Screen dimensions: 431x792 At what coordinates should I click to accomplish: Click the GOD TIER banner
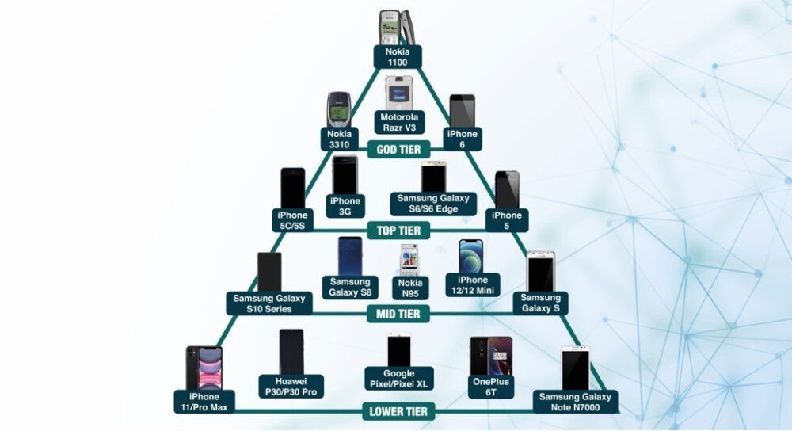398,148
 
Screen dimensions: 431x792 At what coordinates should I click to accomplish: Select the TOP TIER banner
398,230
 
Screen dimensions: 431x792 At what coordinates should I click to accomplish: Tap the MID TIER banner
398,315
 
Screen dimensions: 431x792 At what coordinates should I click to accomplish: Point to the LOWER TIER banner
398,411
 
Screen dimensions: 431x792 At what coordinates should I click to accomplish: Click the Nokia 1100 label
398,56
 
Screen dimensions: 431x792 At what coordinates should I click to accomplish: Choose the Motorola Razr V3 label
398,122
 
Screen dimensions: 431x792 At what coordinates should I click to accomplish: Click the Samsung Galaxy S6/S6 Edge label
433,204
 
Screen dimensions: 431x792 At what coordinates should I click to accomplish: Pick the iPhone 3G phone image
345,174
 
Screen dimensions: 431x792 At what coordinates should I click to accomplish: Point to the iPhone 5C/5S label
292,219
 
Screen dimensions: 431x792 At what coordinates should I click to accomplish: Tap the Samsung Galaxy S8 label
349,286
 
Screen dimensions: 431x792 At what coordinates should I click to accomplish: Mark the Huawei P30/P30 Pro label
291,386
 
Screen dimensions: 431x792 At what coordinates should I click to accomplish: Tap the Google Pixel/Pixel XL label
398,378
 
